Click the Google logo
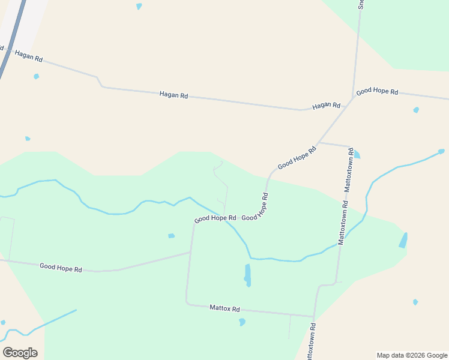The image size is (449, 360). point(20,353)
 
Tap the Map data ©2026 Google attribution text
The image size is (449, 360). point(411,355)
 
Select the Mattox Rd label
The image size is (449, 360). point(224,308)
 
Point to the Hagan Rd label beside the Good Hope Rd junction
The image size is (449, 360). point(326,106)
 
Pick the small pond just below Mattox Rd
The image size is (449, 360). point(242,322)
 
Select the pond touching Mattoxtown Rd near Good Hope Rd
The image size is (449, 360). point(357,154)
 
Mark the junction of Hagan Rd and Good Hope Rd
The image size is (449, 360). point(353,98)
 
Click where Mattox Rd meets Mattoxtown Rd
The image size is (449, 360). point(313,316)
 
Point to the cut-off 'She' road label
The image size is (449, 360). point(361,4)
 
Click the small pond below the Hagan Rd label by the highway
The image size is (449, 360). point(37,76)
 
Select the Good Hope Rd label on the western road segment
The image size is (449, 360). point(61,268)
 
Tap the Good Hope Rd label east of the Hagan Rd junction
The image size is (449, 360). point(377,92)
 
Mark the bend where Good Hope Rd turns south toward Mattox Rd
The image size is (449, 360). point(193,225)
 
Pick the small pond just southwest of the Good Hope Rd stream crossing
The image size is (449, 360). point(171,236)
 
